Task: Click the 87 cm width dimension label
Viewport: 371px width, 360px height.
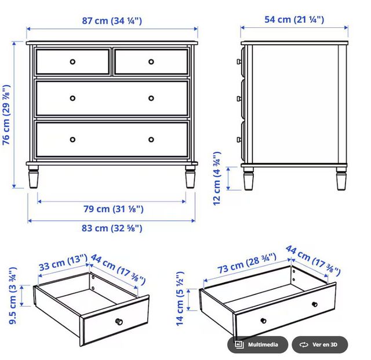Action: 111,20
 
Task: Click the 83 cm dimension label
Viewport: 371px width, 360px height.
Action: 111,228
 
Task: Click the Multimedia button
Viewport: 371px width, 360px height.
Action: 257,345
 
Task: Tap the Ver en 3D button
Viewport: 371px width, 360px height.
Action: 320,345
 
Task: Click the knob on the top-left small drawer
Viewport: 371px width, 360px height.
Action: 72,61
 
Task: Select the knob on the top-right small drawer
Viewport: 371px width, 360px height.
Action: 151,61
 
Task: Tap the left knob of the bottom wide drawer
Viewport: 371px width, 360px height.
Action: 72,139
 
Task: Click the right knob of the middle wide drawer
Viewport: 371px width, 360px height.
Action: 151,98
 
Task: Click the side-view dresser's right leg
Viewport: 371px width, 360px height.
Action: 340,179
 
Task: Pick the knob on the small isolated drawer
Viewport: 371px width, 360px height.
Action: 119,321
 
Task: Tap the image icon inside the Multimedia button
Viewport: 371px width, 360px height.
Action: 238,345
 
